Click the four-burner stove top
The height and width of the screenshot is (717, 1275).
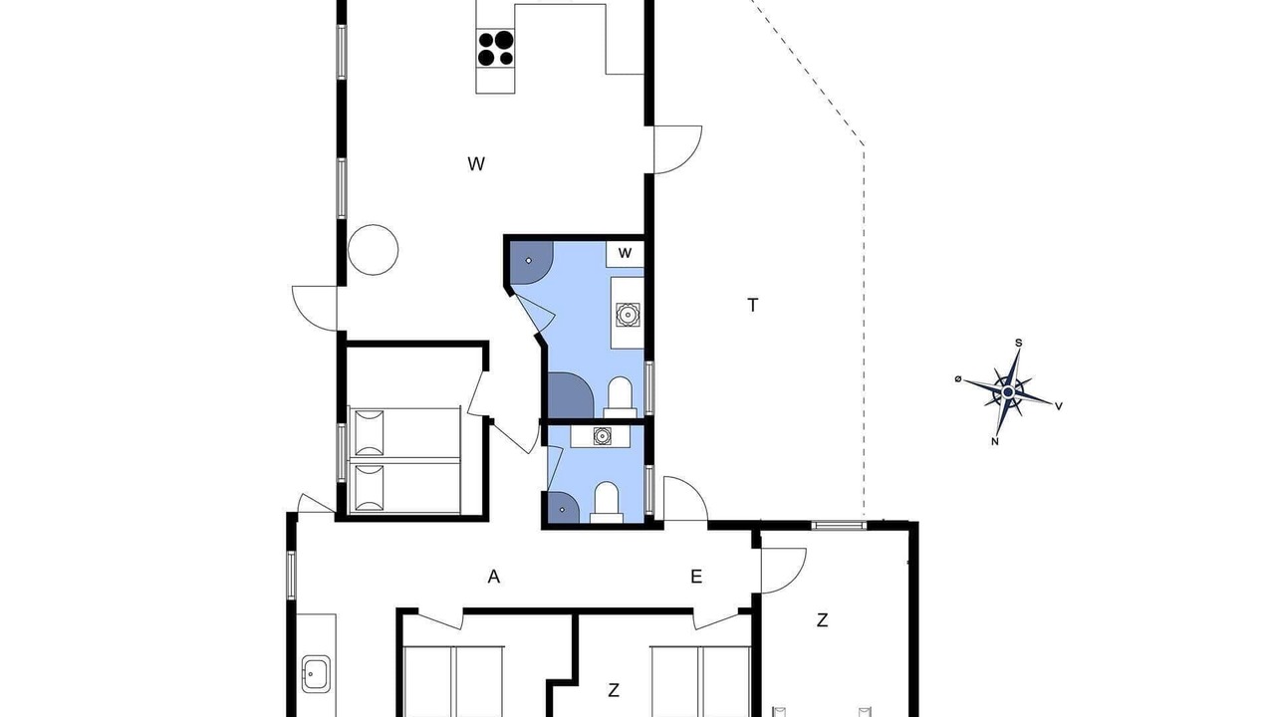(x=496, y=48)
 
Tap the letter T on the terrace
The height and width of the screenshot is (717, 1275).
(x=752, y=306)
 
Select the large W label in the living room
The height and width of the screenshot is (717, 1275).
(x=476, y=164)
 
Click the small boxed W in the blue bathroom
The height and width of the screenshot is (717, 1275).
(x=625, y=253)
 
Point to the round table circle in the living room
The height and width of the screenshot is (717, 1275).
(x=373, y=250)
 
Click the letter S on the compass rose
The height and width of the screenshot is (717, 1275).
(x=1018, y=344)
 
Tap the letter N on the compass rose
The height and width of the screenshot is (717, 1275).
(x=995, y=441)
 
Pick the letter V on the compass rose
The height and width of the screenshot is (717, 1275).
(x=1059, y=406)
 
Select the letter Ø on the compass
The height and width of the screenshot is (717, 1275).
(x=958, y=379)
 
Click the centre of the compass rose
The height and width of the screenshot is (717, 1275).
(x=1008, y=392)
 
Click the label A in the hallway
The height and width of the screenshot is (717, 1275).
(x=493, y=577)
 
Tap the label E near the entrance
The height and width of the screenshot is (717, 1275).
(x=696, y=577)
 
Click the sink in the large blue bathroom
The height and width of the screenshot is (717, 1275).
(x=628, y=315)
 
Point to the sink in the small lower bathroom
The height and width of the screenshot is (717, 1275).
(x=602, y=436)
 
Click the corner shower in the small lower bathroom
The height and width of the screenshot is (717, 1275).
(x=562, y=508)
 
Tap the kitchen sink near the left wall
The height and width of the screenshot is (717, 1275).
(x=316, y=674)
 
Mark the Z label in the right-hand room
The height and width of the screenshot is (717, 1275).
(x=822, y=620)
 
